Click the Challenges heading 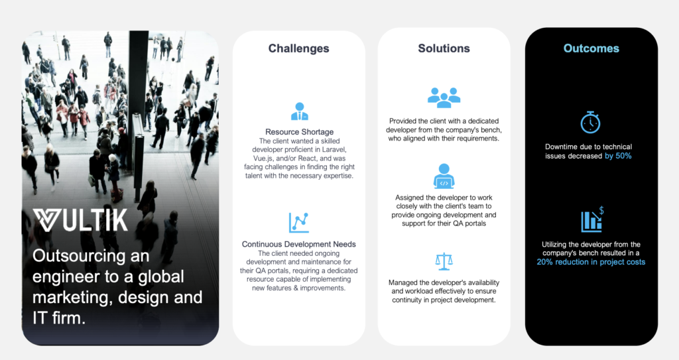299,48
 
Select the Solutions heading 444,48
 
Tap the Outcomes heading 591,48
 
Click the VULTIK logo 80,220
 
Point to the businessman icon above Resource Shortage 299,111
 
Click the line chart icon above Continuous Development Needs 299,222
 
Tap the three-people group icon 444,97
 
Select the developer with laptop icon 444,176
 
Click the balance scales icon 444,262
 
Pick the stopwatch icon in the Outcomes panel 590,122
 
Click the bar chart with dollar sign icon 592,219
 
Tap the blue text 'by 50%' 618,156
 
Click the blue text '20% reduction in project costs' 591,262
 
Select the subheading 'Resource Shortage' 299,132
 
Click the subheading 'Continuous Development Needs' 299,245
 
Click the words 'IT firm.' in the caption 59,318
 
